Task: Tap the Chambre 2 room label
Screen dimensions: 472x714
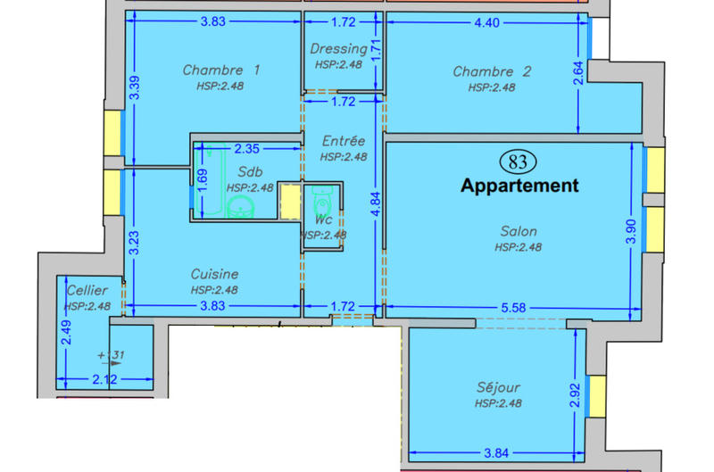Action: [x=492, y=71]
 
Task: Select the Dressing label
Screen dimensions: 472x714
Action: [x=338, y=49]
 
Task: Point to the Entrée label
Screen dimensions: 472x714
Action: [x=344, y=141]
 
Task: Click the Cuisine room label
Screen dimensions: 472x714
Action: [x=214, y=274]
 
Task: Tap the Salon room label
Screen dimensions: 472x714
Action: [x=519, y=231]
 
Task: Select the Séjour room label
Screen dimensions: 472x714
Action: [x=498, y=387]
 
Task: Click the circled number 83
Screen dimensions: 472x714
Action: [x=517, y=162]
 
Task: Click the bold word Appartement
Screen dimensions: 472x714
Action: [x=519, y=186]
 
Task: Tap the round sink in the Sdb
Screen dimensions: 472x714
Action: [x=239, y=208]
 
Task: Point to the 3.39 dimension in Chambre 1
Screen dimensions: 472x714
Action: [x=134, y=87]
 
